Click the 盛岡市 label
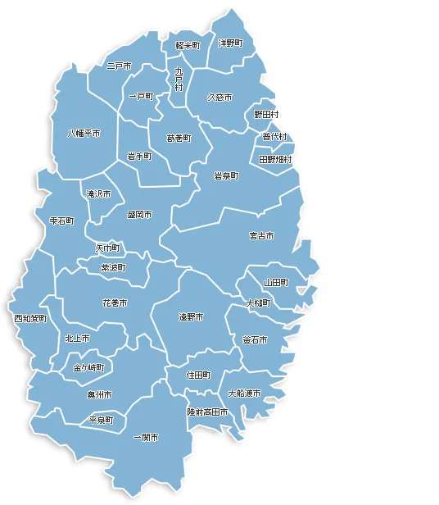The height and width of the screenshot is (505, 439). point(140,215)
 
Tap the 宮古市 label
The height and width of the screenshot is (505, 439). point(261,236)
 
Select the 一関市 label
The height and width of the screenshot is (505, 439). point(146,438)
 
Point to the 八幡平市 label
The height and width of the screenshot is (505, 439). point(84,133)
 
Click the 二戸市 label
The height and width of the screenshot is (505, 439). point(119,66)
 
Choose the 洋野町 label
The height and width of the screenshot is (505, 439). point(230,43)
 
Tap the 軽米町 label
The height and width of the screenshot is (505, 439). point(188,46)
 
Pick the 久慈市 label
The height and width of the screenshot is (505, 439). point(219,97)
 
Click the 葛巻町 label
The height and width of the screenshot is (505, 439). point(179,138)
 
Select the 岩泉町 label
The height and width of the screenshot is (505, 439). point(226,176)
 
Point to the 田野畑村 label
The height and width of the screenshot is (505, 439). point(275,159)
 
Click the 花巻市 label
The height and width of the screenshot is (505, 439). point(115,303)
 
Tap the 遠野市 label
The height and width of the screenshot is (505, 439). point(191,316)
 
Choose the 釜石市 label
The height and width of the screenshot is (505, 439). point(255,339)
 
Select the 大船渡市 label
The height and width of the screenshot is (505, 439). point(244,394)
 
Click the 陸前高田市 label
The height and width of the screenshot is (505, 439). point(207,412)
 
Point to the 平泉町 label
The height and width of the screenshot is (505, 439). point(102,420)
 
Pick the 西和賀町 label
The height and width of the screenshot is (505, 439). point(30,318)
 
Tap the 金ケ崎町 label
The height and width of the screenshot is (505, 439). point(88,367)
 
